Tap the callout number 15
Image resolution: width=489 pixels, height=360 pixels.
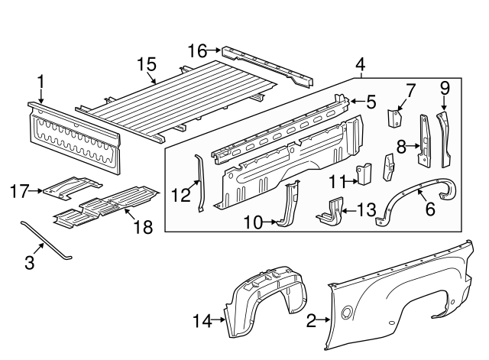[x=146, y=64]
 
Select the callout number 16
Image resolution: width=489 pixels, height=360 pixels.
[x=197, y=51]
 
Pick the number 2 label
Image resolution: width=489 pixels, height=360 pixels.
[x=311, y=322]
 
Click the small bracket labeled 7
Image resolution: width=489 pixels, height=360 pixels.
[x=395, y=118]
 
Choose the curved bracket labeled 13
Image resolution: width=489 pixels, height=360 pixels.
[x=330, y=212]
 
